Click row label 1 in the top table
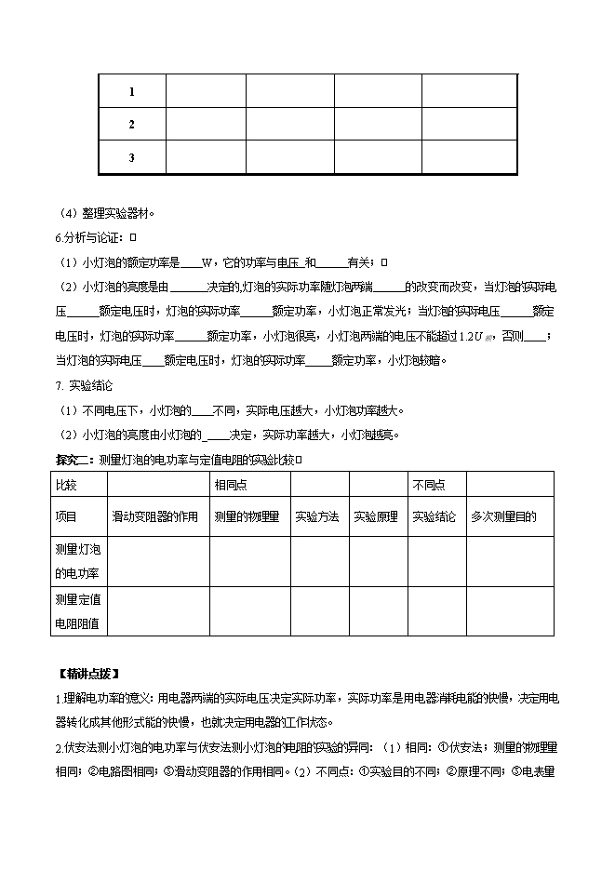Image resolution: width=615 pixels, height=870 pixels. [x=132, y=92]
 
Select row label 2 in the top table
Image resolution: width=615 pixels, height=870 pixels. [x=132, y=125]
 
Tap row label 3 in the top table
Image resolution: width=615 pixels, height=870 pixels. [x=132, y=157]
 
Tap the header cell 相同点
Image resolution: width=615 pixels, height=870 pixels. [x=231, y=485]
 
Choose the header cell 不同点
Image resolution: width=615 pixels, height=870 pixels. [x=429, y=485]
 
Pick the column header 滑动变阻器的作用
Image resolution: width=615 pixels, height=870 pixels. [x=155, y=516]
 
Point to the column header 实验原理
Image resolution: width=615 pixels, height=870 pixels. [x=376, y=516]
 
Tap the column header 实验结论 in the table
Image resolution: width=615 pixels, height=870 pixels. [x=435, y=516]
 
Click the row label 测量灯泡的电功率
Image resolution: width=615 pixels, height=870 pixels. [x=77, y=562]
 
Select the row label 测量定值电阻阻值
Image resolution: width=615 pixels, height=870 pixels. [x=77, y=611]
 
